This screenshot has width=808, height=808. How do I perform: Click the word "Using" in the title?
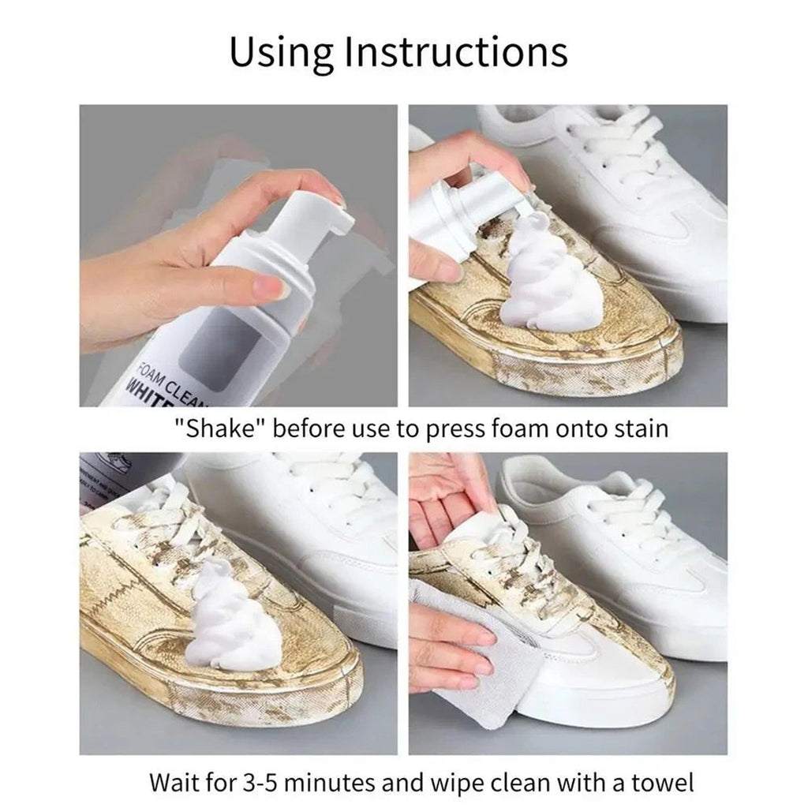click(x=281, y=51)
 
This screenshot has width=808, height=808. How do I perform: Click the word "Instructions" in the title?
click(x=457, y=51)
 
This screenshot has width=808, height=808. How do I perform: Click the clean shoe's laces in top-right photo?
click(x=623, y=158)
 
